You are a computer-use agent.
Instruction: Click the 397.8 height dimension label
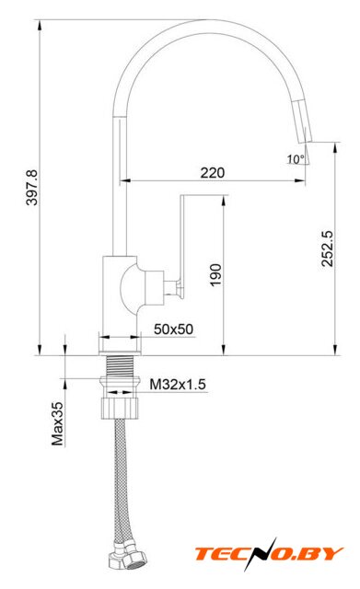32,188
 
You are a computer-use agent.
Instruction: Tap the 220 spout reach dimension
213,173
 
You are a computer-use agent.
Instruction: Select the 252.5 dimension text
327,248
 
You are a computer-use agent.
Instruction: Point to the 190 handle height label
215,275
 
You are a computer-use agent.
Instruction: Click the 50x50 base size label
174,329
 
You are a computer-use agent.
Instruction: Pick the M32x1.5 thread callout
178,385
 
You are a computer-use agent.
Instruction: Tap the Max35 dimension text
57,424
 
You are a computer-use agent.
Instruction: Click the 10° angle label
296,159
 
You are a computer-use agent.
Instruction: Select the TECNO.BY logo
269,554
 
